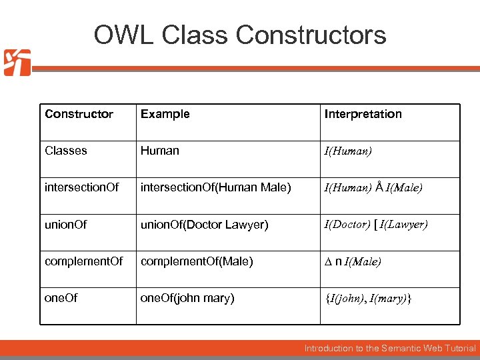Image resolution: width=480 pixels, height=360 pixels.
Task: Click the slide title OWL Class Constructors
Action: pos(240,35)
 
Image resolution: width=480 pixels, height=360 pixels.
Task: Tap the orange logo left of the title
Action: pos(17,63)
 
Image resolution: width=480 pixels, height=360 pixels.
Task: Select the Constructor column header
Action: pos(79,114)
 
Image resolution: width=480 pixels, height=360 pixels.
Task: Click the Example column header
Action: pos(165,114)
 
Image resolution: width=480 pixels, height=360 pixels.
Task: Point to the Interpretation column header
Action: pos(363,114)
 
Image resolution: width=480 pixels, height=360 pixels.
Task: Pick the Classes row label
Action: pos(65,151)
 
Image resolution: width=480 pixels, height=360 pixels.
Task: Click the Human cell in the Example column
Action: pos(159,151)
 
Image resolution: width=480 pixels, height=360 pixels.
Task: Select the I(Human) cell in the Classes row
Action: pos(348,152)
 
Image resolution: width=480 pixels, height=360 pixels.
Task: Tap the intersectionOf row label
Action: pos(81,187)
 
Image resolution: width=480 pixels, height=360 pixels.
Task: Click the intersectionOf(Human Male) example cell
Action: pos(215,187)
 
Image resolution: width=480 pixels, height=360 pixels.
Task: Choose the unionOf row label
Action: pos(65,225)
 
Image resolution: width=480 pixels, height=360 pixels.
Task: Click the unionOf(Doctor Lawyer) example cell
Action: pos(204,225)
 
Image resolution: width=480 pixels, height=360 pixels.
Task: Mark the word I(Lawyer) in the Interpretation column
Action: pos(403,225)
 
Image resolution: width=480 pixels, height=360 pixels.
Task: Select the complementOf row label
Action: pos(83,261)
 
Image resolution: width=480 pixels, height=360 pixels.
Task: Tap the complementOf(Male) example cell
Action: pos(196,261)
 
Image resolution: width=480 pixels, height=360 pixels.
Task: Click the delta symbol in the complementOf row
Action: pos(328,262)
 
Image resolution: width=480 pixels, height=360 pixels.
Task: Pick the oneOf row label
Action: pos(61,298)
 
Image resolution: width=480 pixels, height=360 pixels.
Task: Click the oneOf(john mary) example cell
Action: pos(187,298)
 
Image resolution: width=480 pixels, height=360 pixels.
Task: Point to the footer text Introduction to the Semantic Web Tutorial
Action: pos(390,348)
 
